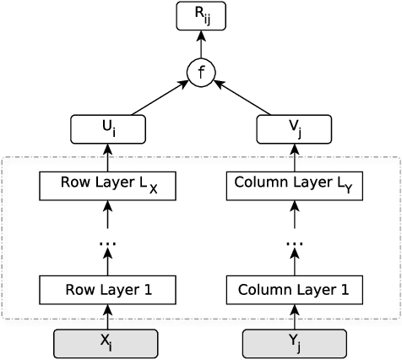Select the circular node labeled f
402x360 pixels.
point(201,73)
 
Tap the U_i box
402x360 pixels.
point(107,128)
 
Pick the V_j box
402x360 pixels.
point(294,128)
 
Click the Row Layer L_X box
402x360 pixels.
point(107,186)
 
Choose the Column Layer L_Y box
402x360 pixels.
point(294,186)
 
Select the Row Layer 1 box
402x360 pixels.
point(107,290)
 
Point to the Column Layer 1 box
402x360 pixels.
point(294,290)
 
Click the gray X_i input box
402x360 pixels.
point(107,343)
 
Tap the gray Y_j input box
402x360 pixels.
point(294,343)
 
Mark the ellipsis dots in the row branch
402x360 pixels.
point(107,244)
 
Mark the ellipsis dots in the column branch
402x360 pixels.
point(294,244)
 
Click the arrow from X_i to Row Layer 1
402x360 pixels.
point(107,317)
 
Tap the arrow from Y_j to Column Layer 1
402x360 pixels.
point(294,317)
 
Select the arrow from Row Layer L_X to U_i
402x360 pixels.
point(107,157)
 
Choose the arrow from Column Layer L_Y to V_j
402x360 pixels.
point(294,157)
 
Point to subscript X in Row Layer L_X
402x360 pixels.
point(153,190)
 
